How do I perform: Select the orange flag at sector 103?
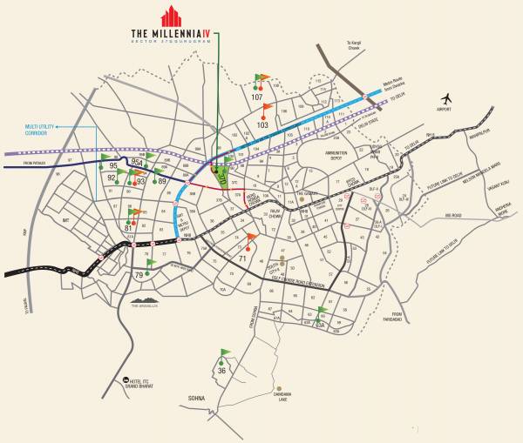coord(268,109)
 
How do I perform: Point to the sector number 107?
coord(256,97)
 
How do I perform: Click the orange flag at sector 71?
coord(252,238)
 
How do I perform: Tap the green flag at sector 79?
coord(150,262)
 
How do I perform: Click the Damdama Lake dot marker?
coord(278,388)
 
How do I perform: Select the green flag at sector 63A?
coord(323,311)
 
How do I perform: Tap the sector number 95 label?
coord(112,164)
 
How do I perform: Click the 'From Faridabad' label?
coord(397,318)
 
